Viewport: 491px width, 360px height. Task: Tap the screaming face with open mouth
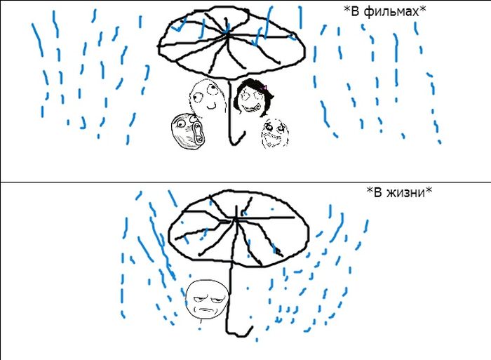coord(187,131)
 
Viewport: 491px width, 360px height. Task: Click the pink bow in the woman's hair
coord(264,87)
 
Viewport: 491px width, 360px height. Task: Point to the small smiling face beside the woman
coord(274,133)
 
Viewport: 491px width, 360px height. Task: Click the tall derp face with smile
coord(207,97)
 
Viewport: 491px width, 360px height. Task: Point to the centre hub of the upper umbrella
coord(226,32)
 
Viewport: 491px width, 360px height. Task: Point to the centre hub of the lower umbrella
coord(236,218)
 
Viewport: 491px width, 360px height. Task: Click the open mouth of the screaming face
coord(199,133)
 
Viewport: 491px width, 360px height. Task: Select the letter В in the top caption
coord(354,12)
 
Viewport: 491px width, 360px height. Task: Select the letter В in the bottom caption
coord(377,192)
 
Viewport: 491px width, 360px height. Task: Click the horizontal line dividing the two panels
coord(245,182)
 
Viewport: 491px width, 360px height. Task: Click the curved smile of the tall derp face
coord(211,107)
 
